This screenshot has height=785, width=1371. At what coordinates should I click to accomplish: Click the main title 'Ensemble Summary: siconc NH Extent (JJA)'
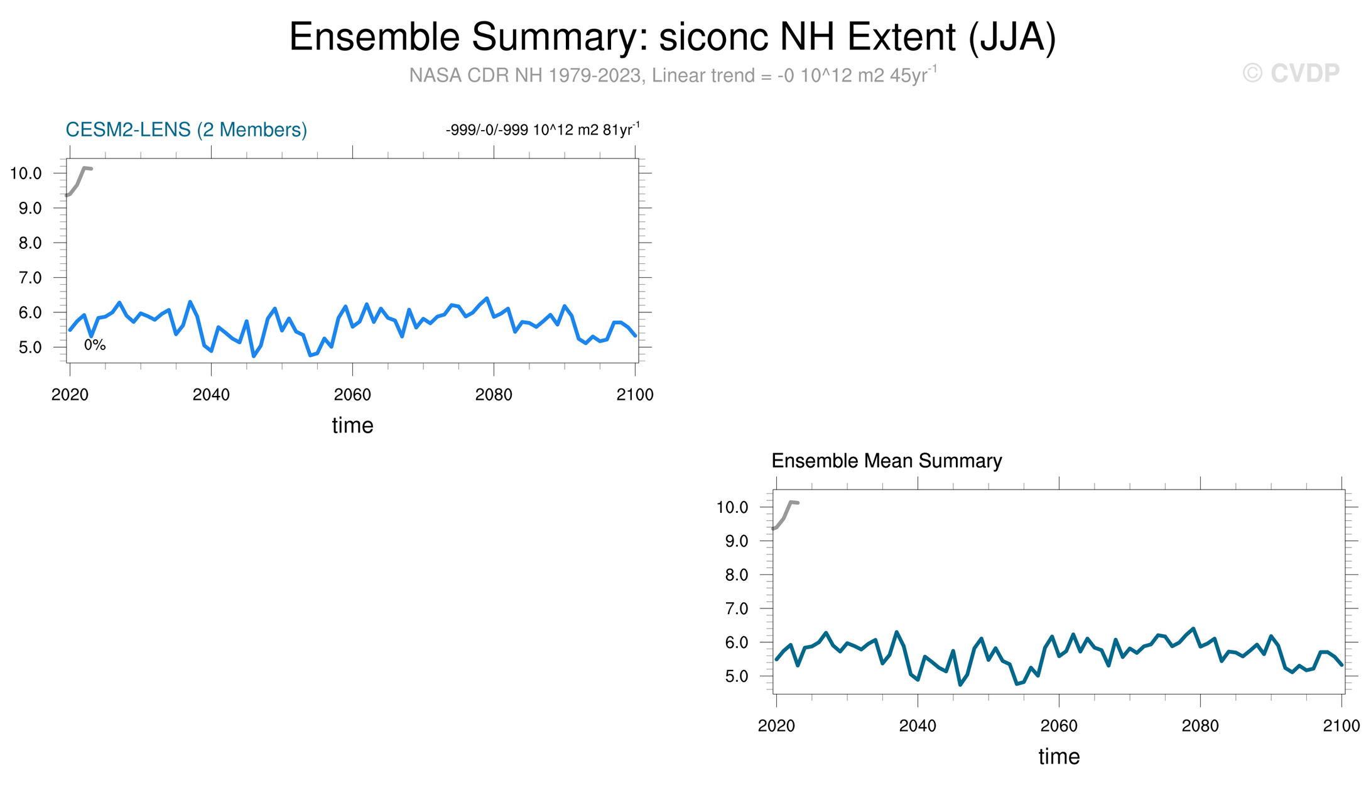pyautogui.click(x=673, y=38)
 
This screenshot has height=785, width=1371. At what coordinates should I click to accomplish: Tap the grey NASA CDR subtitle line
pyautogui.click(x=673, y=75)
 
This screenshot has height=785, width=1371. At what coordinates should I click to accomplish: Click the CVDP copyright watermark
pyautogui.click(x=1291, y=74)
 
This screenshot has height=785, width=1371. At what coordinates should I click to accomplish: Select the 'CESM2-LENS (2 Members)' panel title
pyautogui.click(x=187, y=129)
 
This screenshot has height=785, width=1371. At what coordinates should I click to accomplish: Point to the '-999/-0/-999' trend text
pyautogui.click(x=487, y=130)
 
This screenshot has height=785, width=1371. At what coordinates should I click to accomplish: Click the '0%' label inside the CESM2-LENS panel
pyautogui.click(x=95, y=344)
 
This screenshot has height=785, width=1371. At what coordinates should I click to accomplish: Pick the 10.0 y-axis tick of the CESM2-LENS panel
pyautogui.click(x=26, y=173)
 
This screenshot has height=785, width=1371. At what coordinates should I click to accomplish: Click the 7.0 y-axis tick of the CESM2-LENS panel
pyautogui.click(x=30, y=278)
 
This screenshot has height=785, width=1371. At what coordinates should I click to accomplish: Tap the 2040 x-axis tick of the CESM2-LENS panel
pyautogui.click(x=211, y=395)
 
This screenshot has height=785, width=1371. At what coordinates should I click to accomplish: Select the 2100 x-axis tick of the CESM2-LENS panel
pyautogui.click(x=635, y=395)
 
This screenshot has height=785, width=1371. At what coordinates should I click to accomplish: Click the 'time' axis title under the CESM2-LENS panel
pyautogui.click(x=352, y=425)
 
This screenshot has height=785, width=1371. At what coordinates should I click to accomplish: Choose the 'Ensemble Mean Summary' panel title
pyautogui.click(x=886, y=461)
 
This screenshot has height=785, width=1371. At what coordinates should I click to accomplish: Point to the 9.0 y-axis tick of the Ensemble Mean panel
pyautogui.click(x=736, y=541)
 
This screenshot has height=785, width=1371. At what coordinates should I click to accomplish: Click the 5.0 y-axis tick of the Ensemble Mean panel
pyautogui.click(x=736, y=677)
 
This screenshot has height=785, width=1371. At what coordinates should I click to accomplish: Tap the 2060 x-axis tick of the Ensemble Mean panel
pyautogui.click(x=1059, y=726)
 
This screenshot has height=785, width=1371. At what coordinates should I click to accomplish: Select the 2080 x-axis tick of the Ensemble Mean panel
pyautogui.click(x=1200, y=726)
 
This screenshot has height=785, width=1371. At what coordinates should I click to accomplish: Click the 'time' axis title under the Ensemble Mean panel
pyautogui.click(x=1059, y=757)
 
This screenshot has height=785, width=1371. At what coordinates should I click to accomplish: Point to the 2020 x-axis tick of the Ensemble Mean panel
pyautogui.click(x=776, y=726)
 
